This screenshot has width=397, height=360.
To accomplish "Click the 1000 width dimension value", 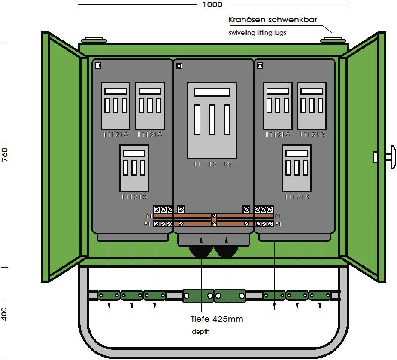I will (213, 5).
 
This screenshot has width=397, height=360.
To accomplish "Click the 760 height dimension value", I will (5, 155).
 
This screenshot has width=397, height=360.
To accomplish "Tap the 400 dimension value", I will (5, 314).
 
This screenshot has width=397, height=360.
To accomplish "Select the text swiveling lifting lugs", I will (257, 33).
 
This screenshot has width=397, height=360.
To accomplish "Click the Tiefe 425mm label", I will (217, 319).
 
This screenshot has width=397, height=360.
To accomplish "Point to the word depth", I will (201, 332).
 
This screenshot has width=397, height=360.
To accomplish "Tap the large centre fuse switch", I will (212, 120).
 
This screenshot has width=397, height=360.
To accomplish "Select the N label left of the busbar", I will (148, 216).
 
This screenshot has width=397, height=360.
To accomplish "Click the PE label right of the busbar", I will (279, 224).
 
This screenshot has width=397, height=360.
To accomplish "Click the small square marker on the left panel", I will (98, 66).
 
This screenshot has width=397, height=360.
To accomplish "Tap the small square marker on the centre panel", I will (179, 66).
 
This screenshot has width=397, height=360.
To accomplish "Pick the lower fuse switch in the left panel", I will (134, 168).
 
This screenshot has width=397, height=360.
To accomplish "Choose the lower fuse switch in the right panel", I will (297, 168).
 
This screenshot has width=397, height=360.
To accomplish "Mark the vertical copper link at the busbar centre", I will (213, 220).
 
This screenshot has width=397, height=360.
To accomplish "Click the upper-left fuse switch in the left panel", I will (115, 106).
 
